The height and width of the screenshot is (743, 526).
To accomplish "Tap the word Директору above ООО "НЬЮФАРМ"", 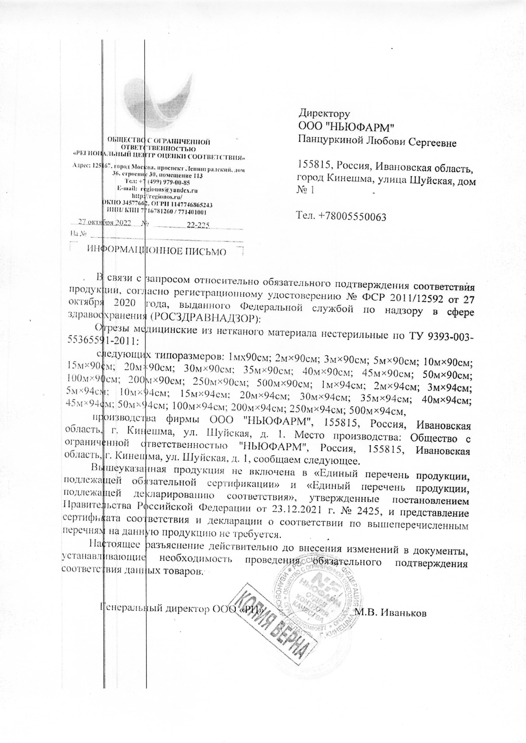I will point(325,113).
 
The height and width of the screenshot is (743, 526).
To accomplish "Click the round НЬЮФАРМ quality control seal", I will point(322,602).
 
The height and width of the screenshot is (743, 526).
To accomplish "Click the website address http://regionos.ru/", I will point(157,197).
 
